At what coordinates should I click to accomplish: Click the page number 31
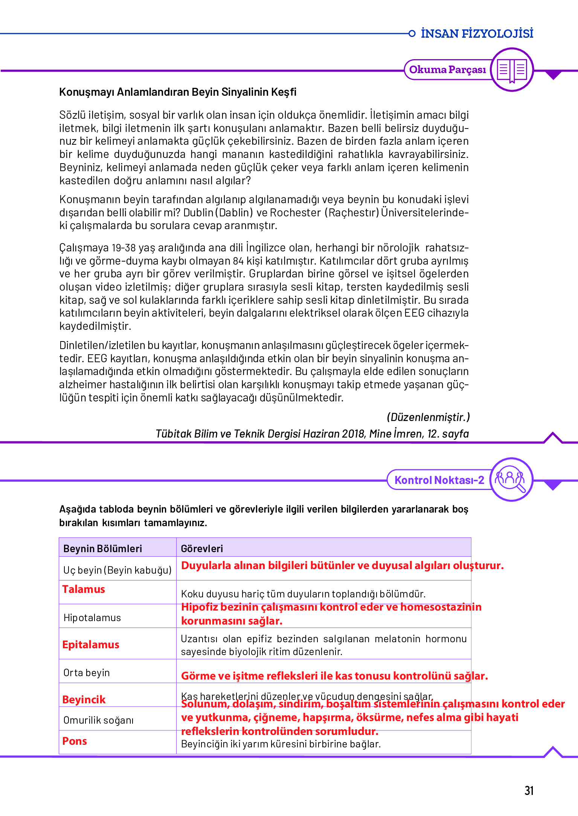(529, 790)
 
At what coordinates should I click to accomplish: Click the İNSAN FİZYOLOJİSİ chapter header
(477, 34)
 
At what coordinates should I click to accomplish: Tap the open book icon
(512, 70)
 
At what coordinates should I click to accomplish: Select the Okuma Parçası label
(447, 70)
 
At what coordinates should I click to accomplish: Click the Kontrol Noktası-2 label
(439, 480)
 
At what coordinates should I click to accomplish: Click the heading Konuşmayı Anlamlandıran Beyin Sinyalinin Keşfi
(178, 92)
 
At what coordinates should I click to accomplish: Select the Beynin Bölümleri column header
(102, 548)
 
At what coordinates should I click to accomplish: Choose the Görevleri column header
(202, 548)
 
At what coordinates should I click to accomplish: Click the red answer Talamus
(84, 589)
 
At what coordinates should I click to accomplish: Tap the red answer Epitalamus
(91, 645)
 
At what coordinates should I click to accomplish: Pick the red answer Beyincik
(84, 700)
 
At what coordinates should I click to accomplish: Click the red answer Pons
(75, 741)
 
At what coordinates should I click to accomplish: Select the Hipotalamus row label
(92, 618)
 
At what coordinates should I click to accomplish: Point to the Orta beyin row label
(87, 673)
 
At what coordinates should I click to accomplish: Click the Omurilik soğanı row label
(98, 720)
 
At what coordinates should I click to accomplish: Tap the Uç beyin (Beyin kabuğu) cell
(117, 570)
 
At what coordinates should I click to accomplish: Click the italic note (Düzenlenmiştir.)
(428, 417)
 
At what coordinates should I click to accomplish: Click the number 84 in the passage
(238, 261)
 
